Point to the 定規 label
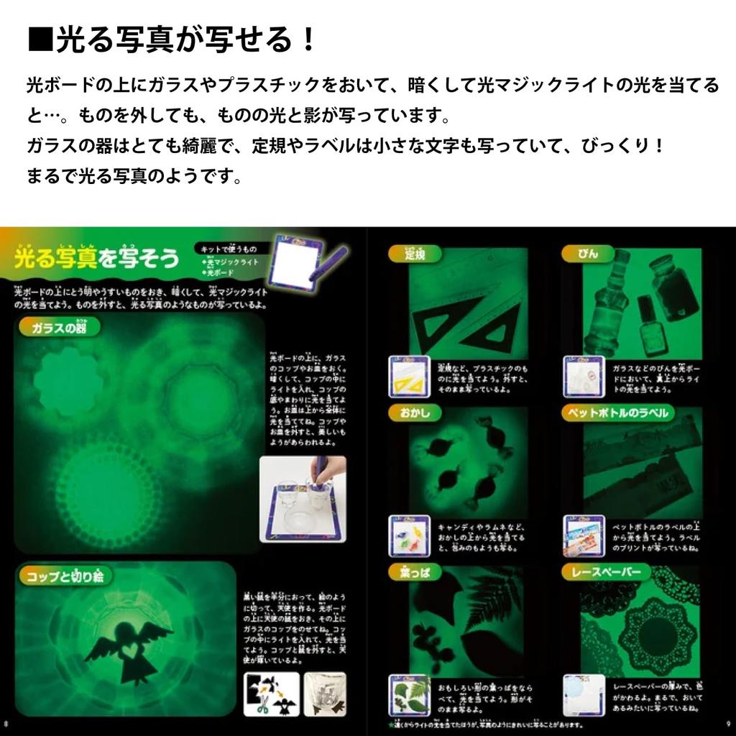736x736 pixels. pyautogui.click(x=415, y=254)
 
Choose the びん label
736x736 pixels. pyautogui.click(x=586, y=254)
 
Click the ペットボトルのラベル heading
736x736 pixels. pyautogui.click(x=617, y=413)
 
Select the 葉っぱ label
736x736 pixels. pyautogui.click(x=415, y=572)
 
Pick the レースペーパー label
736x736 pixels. pyautogui.click(x=607, y=572)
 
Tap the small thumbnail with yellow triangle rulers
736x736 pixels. pyautogui.click(x=409, y=376)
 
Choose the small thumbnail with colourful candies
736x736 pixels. pyautogui.click(x=409, y=535)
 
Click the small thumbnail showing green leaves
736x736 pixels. pyautogui.click(x=409, y=695)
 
